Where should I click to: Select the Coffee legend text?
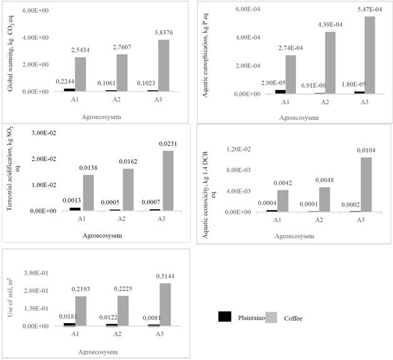click(293, 319)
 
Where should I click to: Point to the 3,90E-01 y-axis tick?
click(35, 274)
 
